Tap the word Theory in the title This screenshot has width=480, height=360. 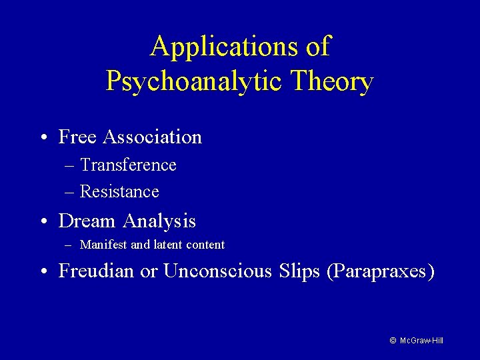click(331, 82)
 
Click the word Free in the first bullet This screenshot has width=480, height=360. click(77, 137)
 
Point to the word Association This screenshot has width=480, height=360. click(152, 137)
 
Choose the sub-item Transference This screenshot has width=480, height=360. click(128, 165)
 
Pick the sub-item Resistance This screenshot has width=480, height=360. click(119, 192)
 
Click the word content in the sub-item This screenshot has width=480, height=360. click(205, 245)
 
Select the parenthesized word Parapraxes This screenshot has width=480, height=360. click(381, 272)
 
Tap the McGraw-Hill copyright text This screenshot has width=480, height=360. click(416, 341)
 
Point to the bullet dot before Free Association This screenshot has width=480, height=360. click(43, 138)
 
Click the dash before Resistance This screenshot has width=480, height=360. click(69, 193)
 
